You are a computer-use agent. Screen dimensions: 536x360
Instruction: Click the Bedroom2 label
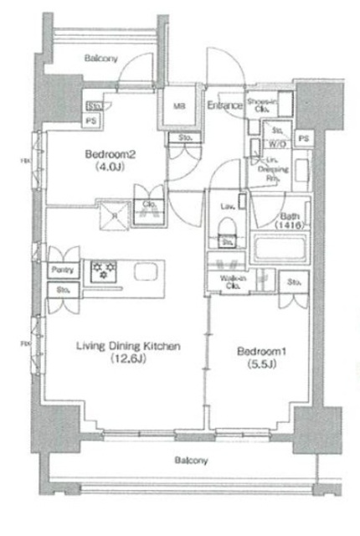pos(109,154)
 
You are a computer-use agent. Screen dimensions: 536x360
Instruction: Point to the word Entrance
pos(224,106)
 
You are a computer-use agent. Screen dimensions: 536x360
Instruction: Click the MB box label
pos(179,106)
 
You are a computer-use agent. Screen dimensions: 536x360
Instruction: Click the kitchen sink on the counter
pos(143,272)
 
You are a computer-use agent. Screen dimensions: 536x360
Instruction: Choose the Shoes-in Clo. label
pos(260,106)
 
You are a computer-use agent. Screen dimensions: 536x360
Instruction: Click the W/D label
pos(276,142)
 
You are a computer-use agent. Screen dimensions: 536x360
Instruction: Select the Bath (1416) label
pos(289,219)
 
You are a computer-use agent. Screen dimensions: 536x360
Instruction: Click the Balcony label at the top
pos(101,58)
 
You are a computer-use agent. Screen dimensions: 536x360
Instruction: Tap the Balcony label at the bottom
pos(191,461)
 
